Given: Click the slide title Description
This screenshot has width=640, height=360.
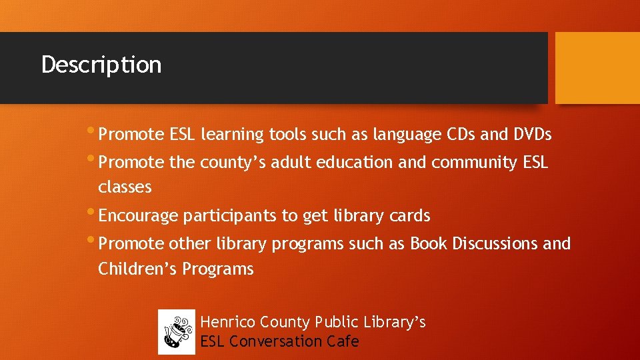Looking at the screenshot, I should pyautogui.click(x=101, y=65).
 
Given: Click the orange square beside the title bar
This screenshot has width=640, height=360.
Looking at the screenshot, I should pyautogui.click(x=597, y=68).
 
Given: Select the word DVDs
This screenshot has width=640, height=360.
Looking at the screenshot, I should pyautogui.click(x=532, y=135).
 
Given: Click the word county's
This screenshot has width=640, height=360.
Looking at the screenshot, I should pyautogui.click(x=225, y=163).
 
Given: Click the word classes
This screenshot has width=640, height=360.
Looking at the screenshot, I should pyautogui.click(x=125, y=187).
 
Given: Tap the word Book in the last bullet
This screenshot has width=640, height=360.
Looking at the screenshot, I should pyautogui.click(x=428, y=244).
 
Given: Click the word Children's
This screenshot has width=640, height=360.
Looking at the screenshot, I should pyautogui.click(x=137, y=269).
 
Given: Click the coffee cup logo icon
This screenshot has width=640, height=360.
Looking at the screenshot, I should pyautogui.click(x=177, y=332).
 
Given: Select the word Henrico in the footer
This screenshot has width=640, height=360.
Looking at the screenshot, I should pyautogui.click(x=228, y=323).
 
